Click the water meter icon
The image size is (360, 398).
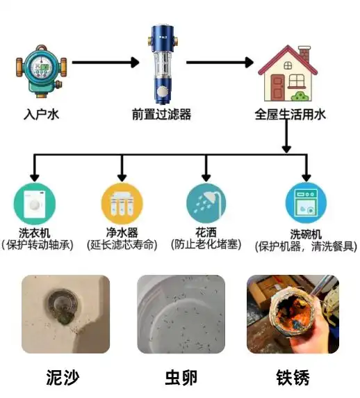point(42,72)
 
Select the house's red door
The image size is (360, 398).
point(277,88)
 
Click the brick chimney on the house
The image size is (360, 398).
point(304,54)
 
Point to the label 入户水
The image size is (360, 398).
point(41,114)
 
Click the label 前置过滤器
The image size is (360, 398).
point(161,114)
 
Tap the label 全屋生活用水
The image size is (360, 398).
point(290,114)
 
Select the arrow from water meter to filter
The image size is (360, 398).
point(106,62)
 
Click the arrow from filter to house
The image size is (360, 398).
point(220,62)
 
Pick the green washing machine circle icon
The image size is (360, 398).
point(35,204)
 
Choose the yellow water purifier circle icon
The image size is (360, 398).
point(122,204)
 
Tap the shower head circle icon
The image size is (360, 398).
point(206,204)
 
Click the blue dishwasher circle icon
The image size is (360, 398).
point(306,203)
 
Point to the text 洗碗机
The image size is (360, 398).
point(306,234)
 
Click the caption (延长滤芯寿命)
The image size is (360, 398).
point(122,245)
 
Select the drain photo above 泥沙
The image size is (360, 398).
point(65,315)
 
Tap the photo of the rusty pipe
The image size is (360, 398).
point(293,315)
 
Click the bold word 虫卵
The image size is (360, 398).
point(181,378)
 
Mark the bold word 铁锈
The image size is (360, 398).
point(293,378)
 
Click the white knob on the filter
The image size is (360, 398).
point(162,92)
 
